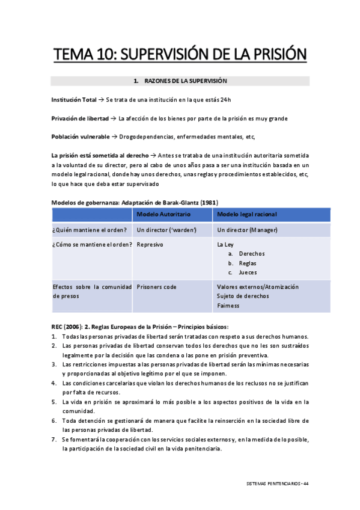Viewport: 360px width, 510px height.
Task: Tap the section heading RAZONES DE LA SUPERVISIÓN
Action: coord(184,81)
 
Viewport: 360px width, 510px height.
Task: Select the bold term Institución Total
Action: coord(73,99)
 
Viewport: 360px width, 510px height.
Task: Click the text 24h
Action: coord(225,99)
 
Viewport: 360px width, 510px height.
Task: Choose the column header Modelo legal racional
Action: coord(247,215)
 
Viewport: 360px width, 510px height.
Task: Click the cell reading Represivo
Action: coord(150,245)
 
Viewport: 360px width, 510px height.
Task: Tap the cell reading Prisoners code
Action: coord(157,287)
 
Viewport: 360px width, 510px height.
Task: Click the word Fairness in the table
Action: coord(228,306)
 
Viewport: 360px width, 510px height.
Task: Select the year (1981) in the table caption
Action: coord(208,201)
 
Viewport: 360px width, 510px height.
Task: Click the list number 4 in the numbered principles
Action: coord(54,383)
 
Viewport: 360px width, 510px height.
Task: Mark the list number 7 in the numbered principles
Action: coord(54,440)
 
